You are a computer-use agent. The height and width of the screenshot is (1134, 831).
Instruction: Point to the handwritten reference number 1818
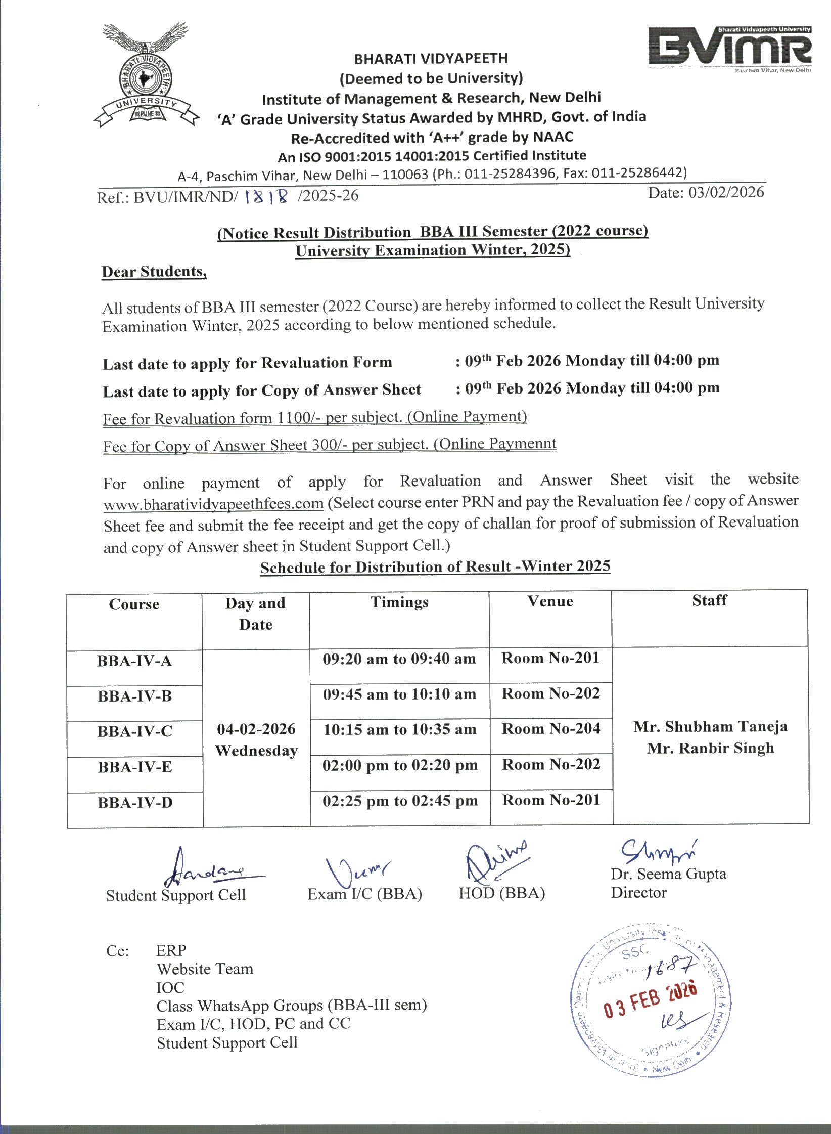point(266,196)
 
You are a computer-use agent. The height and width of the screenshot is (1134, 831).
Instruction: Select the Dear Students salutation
point(154,272)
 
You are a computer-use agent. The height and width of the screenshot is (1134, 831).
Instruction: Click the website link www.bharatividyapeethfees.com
point(213,504)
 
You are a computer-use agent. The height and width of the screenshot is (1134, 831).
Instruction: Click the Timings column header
point(399,602)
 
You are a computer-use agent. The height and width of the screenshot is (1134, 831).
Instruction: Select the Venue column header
point(550,601)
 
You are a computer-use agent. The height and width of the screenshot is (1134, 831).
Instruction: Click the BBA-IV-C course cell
point(135,732)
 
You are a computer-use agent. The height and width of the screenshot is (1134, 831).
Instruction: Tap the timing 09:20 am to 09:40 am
point(399,659)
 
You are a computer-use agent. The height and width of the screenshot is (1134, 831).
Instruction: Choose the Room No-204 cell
point(551,729)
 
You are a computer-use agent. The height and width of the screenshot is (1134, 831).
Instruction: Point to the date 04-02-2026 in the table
point(256,729)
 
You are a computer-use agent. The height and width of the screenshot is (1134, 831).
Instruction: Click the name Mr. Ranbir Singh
point(710,748)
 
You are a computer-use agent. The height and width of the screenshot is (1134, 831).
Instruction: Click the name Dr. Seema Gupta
point(668,874)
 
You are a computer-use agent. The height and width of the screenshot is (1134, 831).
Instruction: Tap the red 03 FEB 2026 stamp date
point(651,1001)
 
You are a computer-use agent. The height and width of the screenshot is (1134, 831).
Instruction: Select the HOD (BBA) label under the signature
point(501,893)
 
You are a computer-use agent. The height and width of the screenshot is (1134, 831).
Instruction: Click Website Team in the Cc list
point(205,969)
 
